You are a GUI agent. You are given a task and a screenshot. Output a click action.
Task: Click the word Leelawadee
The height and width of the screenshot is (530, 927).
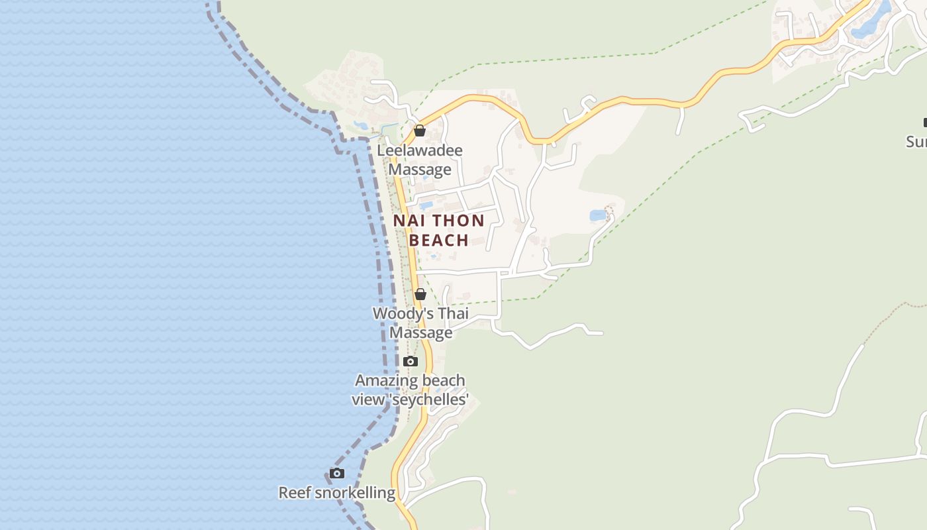[x=420, y=150]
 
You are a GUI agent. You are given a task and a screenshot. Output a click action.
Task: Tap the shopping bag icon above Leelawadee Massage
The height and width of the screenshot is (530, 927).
[x=420, y=131]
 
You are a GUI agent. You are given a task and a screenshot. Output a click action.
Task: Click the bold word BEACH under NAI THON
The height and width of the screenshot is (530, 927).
[x=438, y=240]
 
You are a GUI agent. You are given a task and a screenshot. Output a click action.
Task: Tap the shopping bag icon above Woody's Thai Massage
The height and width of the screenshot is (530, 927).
[x=420, y=294]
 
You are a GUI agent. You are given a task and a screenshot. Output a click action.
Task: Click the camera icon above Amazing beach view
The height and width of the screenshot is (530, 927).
[x=411, y=361]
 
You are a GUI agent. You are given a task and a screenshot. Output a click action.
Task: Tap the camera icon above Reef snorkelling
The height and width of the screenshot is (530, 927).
[x=337, y=473]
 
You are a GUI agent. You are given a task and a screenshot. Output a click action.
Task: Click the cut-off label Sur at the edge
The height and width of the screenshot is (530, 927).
[x=916, y=142]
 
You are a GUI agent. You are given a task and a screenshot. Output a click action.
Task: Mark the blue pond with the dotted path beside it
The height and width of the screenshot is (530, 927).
[x=598, y=215]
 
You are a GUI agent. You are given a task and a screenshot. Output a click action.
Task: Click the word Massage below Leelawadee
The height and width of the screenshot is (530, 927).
[x=420, y=170]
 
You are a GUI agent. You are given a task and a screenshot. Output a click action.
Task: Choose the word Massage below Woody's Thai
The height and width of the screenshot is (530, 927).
[x=421, y=332]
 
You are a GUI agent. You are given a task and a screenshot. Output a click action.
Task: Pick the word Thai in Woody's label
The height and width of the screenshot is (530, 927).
[x=453, y=313]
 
